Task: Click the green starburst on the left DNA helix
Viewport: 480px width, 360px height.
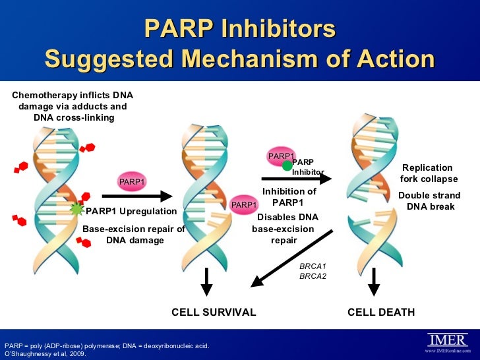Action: tap(78, 210)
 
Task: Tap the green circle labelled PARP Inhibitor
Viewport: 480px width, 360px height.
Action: tap(287, 165)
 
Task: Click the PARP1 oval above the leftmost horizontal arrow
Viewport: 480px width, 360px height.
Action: tap(132, 181)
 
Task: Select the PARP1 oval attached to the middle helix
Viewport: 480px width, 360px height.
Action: tap(244, 205)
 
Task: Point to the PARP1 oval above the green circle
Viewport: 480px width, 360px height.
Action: tap(281, 155)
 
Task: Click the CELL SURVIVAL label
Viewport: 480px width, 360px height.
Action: tap(214, 312)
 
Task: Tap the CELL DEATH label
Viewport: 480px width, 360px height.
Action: tap(381, 312)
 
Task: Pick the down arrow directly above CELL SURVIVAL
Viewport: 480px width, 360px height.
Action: tap(206, 282)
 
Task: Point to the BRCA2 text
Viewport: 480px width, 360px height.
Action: tap(313, 276)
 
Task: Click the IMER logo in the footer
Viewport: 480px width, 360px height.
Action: tap(448, 340)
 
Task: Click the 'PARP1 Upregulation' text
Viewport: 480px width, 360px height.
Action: tap(131, 211)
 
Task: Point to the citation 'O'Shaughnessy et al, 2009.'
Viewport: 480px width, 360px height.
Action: tap(45, 353)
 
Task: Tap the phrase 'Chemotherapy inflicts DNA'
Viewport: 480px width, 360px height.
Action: tap(73, 95)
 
